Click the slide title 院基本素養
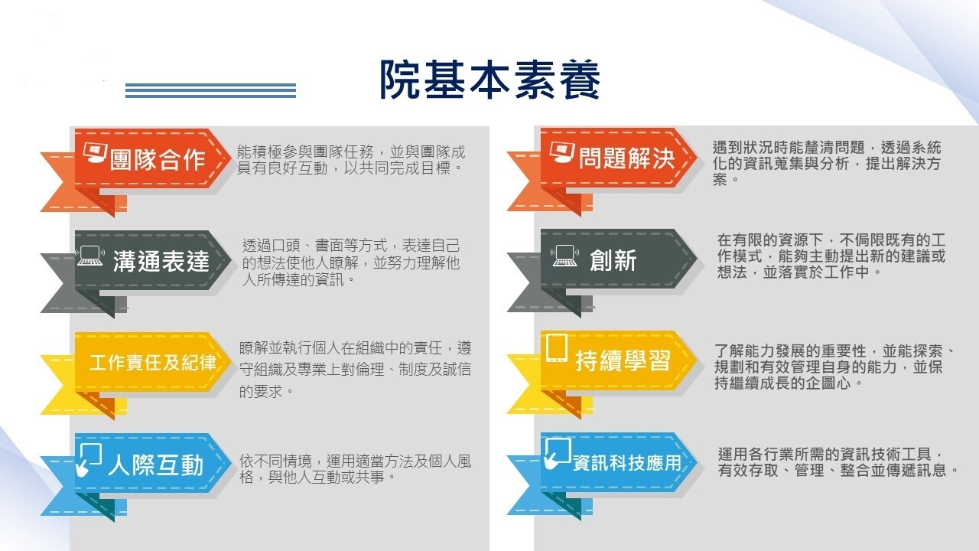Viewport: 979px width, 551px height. point(490,80)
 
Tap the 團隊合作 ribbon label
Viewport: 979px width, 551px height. point(158,160)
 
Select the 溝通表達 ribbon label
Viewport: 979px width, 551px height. point(161,261)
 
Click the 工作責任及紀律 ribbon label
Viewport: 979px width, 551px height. point(153,363)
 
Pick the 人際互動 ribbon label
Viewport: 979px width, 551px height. point(156,465)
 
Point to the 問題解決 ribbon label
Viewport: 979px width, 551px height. point(627,158)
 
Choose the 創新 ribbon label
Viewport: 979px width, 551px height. point(613,260)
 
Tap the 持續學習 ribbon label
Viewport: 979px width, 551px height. point(623,360)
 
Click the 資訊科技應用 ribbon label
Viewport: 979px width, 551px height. point(626,463)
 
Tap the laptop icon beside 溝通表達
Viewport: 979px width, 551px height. point(90,256)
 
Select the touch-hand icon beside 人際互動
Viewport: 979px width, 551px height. point(88,459)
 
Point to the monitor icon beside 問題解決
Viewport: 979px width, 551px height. point(561,152)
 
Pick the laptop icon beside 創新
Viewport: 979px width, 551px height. point(564,256)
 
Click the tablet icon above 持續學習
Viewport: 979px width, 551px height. point(557,348)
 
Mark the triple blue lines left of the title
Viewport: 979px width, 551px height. point(210,90)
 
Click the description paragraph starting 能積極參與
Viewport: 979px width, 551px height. point(351,160)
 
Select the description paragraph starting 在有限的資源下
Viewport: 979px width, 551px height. point(831,256)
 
